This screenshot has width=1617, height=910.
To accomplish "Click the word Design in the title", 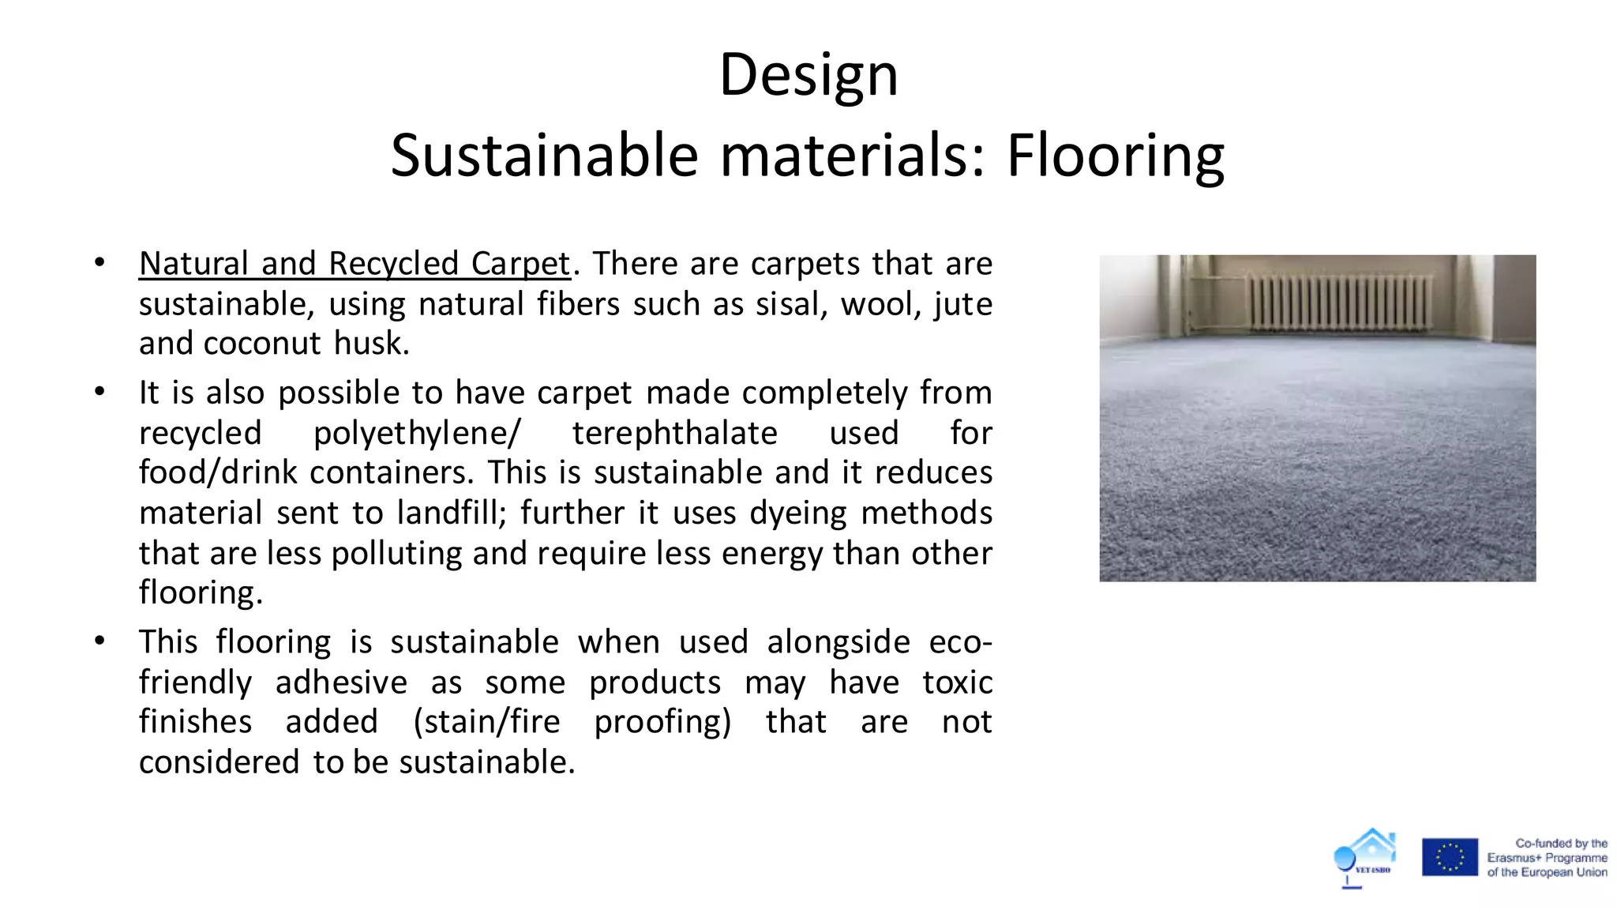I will [808, 76].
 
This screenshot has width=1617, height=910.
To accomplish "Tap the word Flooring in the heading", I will [1115, 156].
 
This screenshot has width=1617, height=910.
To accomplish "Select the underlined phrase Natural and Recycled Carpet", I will [355, 264].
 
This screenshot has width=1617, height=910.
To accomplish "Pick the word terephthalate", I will [675, 433].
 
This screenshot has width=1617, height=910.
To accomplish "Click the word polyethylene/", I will [417, 433].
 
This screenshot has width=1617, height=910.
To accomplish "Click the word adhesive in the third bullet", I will [341, 682].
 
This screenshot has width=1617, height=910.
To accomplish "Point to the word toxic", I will [957, 682].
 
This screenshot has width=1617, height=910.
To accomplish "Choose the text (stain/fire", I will [486, 722].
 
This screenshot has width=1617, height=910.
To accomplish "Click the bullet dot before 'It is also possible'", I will [99, 391].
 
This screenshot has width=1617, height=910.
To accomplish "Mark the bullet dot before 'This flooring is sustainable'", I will [99, 641].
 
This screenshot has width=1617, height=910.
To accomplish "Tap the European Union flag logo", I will [1450, 857].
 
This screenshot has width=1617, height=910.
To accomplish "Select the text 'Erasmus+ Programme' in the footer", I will [1547, 858].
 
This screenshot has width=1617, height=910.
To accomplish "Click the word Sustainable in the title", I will [544, 156].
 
